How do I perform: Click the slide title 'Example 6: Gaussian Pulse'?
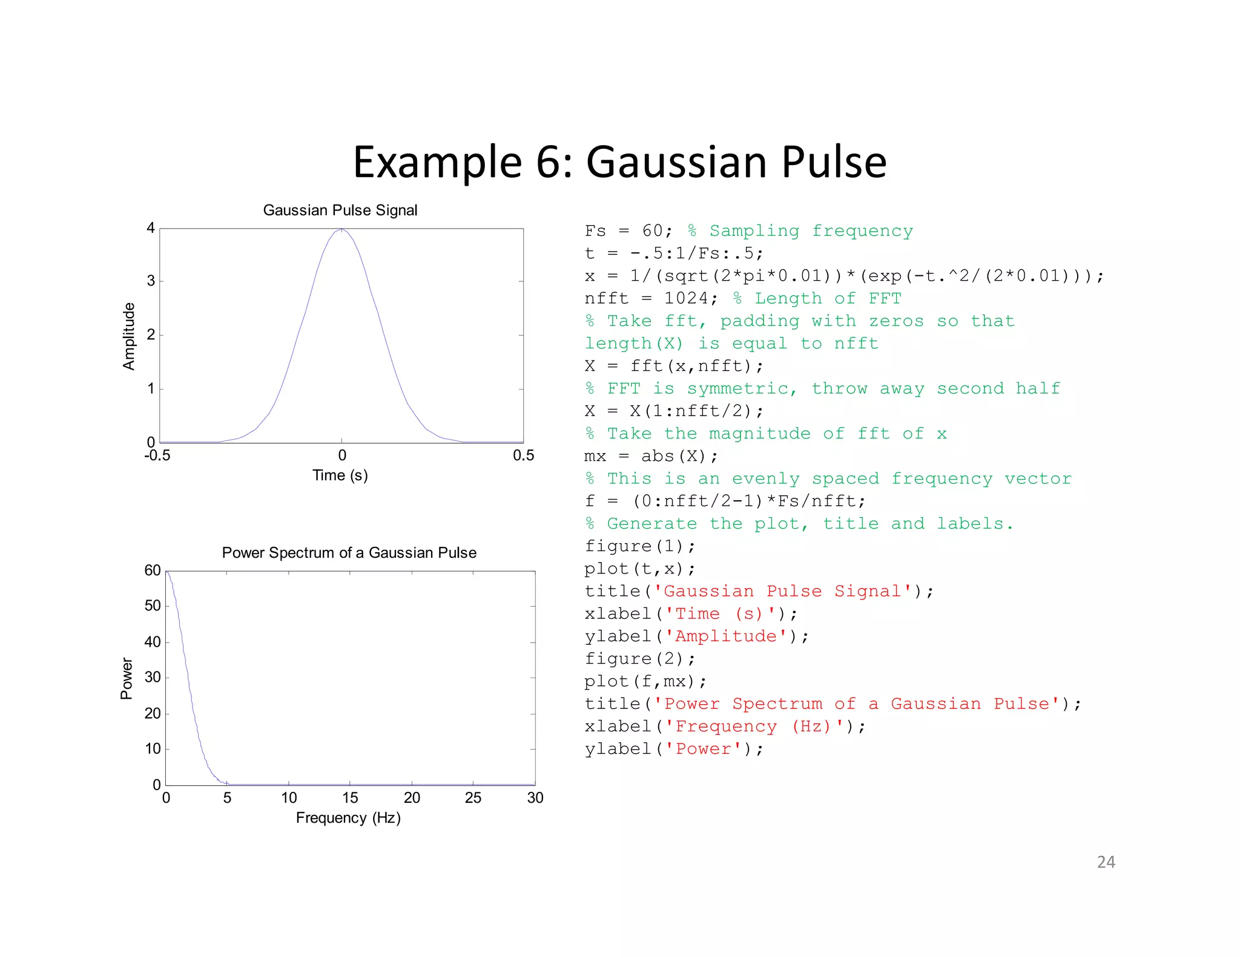point(619,162)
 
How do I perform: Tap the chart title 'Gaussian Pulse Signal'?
point(340,210)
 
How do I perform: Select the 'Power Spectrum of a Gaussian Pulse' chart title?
point(349,552)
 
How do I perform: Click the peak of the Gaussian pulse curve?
point(341,230)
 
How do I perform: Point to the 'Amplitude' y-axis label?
point(129,336)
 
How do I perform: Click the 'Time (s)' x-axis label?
point(340,475)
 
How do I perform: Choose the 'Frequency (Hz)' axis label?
point(348,817)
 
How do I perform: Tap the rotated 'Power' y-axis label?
point(127,678)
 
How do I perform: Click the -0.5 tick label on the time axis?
point(157,456)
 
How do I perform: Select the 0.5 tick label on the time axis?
point(523,456)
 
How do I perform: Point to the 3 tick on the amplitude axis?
point(151,281)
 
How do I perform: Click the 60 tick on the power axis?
point(153,570)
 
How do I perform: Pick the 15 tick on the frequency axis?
point(350,798)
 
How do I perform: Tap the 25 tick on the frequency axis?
point(473,798)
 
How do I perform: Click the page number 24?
point(1106,861)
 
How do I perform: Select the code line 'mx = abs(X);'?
point(651,456)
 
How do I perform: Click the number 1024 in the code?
point(687,298)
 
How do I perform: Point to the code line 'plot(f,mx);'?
point(645,682)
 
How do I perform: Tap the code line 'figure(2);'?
point(640,659)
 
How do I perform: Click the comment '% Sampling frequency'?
point(800,231)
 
